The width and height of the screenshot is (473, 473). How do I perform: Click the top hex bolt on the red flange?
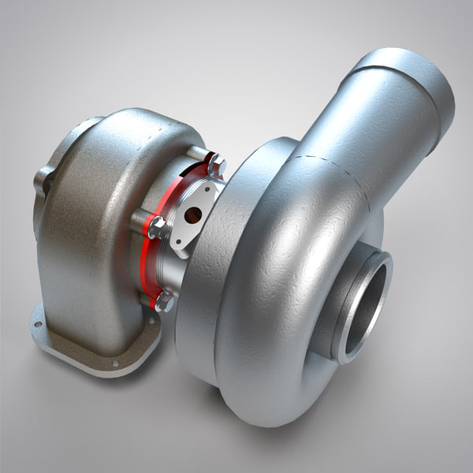click(x=215, y=165)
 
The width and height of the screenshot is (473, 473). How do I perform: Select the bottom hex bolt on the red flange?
click(x=164, y=301)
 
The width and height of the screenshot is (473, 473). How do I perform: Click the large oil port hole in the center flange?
click(x=192, y=215)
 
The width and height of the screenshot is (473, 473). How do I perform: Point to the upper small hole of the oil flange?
click(x=207, y=189)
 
